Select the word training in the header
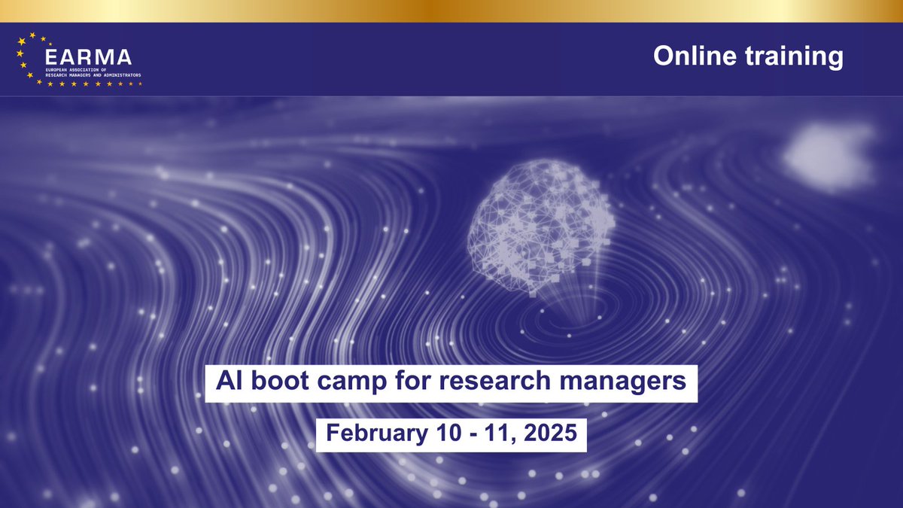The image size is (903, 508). click(x=795, y=56)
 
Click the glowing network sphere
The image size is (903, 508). click(x=542, y=226)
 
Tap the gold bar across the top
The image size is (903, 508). click(x=451, y=11)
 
